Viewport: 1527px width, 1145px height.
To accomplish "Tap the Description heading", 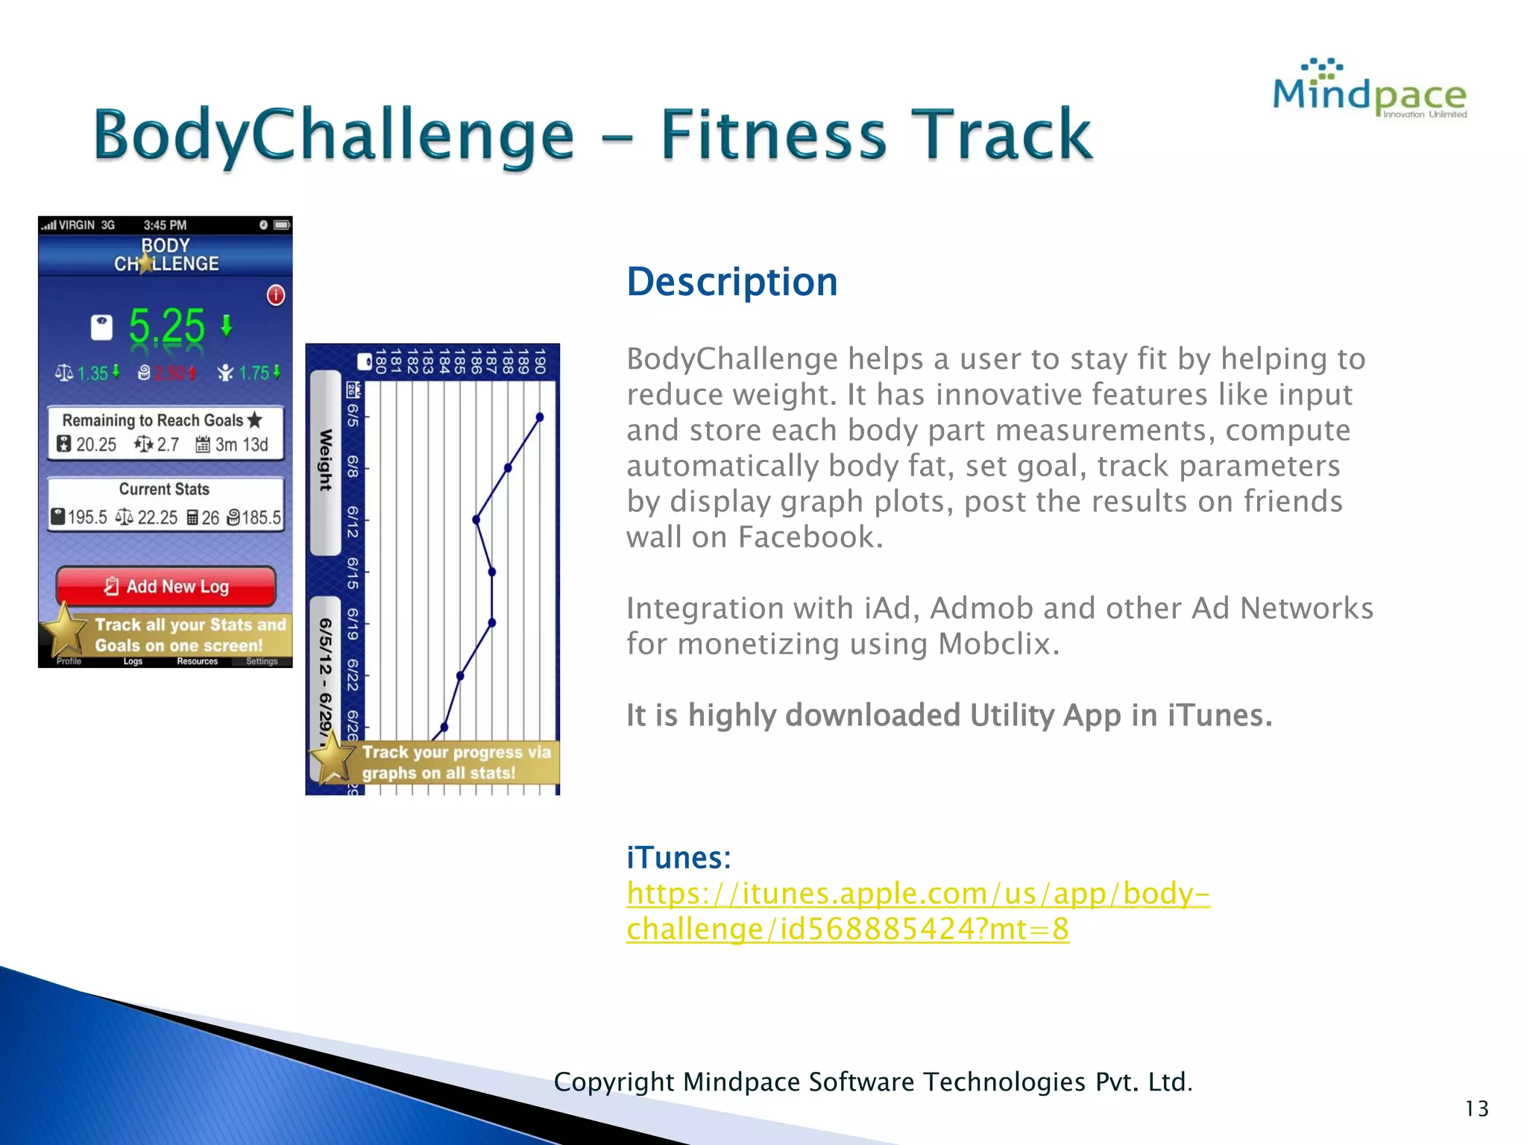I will coord(732,283).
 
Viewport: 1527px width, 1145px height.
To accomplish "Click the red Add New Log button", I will coord(166,587).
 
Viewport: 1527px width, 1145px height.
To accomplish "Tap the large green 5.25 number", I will coord(166,326).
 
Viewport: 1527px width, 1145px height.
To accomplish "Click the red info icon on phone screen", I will coord(276,295).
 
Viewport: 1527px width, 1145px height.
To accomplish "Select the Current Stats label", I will coord(164,489).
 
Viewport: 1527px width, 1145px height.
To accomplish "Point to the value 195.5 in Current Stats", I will coord(86,517).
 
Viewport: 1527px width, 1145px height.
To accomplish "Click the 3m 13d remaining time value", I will coord(241,445).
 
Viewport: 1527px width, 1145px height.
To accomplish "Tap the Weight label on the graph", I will coord(326,460).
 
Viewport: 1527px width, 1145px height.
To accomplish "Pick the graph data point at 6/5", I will coord(540,417).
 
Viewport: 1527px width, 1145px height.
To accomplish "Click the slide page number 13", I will coord(1476,1108).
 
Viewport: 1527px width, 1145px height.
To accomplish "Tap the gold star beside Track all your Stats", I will coord(65,631).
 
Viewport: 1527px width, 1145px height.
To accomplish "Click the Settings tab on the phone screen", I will coord(262,661).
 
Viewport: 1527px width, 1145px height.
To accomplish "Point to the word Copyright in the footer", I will coord(614,1082).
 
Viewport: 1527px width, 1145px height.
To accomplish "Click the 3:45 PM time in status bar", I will coord(165,225).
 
